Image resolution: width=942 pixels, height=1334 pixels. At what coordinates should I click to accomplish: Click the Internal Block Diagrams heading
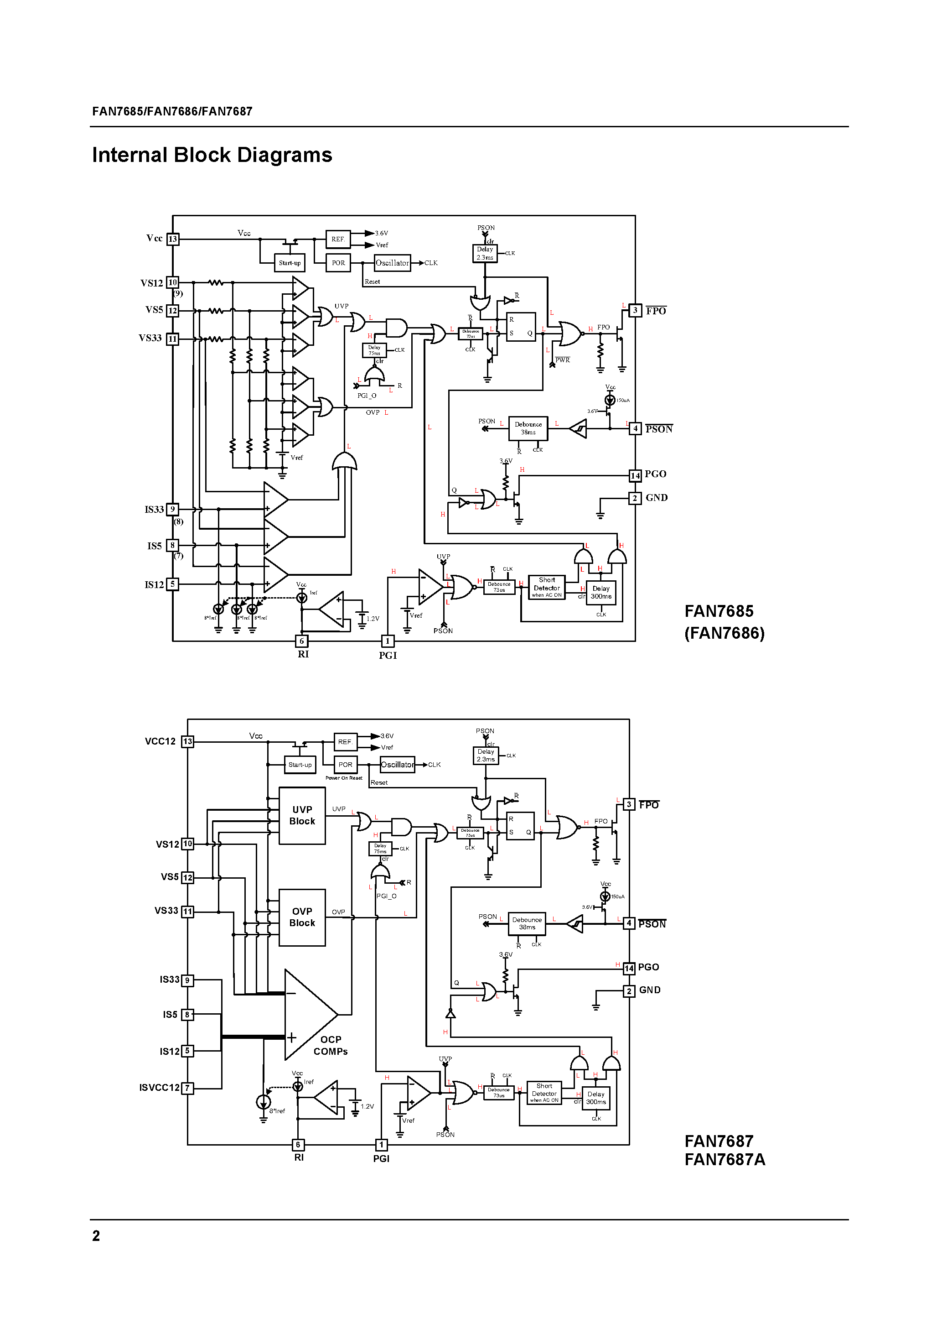coord(212,155)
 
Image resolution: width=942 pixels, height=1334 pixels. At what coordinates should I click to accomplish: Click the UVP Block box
coord(302,815)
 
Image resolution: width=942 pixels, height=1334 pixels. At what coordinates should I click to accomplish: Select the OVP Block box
coord(302,917)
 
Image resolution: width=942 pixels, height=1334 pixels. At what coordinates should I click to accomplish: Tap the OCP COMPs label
coord(331,1045)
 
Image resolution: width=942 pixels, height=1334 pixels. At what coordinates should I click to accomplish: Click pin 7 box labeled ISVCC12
coord(187,1088)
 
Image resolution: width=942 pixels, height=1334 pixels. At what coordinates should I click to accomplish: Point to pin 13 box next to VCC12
coord(187,741)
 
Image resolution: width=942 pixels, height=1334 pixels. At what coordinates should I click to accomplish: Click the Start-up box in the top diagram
coord(290,263)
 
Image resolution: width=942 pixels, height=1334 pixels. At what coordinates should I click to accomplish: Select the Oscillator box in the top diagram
coord(393,263)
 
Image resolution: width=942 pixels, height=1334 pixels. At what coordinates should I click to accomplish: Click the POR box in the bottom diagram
coord(346,765)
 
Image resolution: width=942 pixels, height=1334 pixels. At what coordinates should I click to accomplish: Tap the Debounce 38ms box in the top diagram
coord(528,428)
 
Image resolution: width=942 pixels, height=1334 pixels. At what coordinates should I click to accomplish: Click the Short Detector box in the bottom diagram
coord(544,1092)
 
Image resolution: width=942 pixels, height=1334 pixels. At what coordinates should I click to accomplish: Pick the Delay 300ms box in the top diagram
coord(601,593)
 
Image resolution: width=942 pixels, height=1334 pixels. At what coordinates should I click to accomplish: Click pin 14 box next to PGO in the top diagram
coord(635,475)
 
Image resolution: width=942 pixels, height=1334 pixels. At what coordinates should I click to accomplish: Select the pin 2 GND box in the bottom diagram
coord(629,990)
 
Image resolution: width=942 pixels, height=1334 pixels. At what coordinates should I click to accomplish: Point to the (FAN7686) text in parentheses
coord(724,633)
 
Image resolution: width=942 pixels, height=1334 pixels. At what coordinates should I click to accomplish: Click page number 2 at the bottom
coord(96,1236)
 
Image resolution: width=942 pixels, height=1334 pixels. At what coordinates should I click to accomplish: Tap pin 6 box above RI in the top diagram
coord(301,641)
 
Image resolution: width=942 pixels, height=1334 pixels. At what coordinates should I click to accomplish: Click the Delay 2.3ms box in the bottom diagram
coord(486,756)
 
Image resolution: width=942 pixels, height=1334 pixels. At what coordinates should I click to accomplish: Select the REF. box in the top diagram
coord(338,239)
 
